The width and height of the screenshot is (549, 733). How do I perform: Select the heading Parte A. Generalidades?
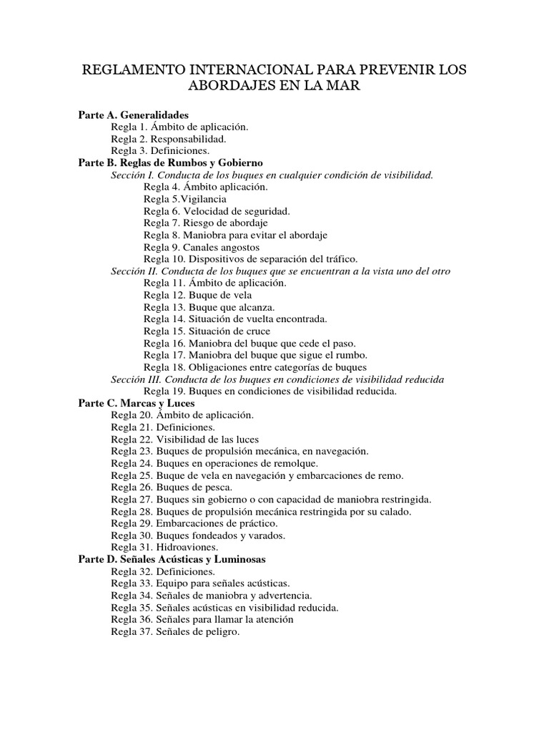[x=133, y=115]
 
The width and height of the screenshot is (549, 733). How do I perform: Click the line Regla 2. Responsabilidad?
[x=169, y=139]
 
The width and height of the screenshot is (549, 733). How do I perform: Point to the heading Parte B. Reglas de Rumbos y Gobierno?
[x=170, y=163]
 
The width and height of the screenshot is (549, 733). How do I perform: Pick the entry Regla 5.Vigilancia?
[x=185, y=199]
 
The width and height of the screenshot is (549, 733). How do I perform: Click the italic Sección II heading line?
[x=280, y=271]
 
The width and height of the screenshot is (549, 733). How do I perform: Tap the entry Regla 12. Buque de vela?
[x=194, y=295]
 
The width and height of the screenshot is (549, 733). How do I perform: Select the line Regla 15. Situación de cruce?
[x=207, y=331]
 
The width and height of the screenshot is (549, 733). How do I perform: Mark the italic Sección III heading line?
[x=277, y=379]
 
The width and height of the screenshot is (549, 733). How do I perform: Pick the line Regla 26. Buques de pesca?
[x=172, y=487]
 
